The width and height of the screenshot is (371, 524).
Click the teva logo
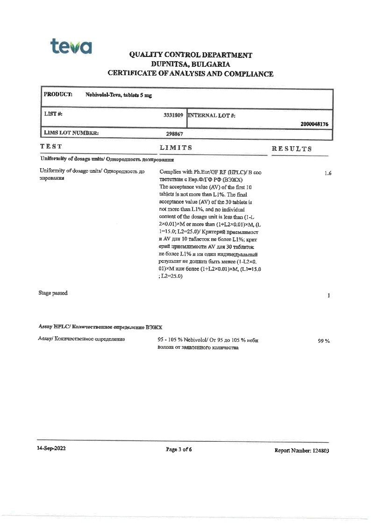click(x=71, y=47)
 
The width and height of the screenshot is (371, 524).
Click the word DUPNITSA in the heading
click(x=169, y=64)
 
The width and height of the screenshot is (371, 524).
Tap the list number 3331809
click(x=173, y=114)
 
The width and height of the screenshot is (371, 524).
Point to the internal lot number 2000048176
click(x=314, y=124)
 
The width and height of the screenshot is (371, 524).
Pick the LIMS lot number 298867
click(x=174, y=134)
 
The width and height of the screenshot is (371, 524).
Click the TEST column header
click(x=51, y=147)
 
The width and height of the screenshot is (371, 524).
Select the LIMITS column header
click(x=176, y=148)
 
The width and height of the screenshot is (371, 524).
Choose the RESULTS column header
click(x=292, y=149)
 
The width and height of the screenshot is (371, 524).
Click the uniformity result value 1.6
click(x=328, y=173)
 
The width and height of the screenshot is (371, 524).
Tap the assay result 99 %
click(x=324, y=341)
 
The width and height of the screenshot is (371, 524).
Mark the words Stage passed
click(x=53, y=293)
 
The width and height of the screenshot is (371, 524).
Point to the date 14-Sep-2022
click(x=51, y=449)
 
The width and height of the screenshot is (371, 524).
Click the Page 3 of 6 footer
click(x=179, y=449)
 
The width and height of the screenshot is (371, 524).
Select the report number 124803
click(x=319, y=451)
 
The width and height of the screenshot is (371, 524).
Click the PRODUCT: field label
click(x=58, y=94)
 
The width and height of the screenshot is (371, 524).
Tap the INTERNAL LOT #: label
click(x=211, y=115)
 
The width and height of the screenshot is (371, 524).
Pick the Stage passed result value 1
click(x=329, y=296)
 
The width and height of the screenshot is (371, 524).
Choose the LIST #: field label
click(x=53, y=114)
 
